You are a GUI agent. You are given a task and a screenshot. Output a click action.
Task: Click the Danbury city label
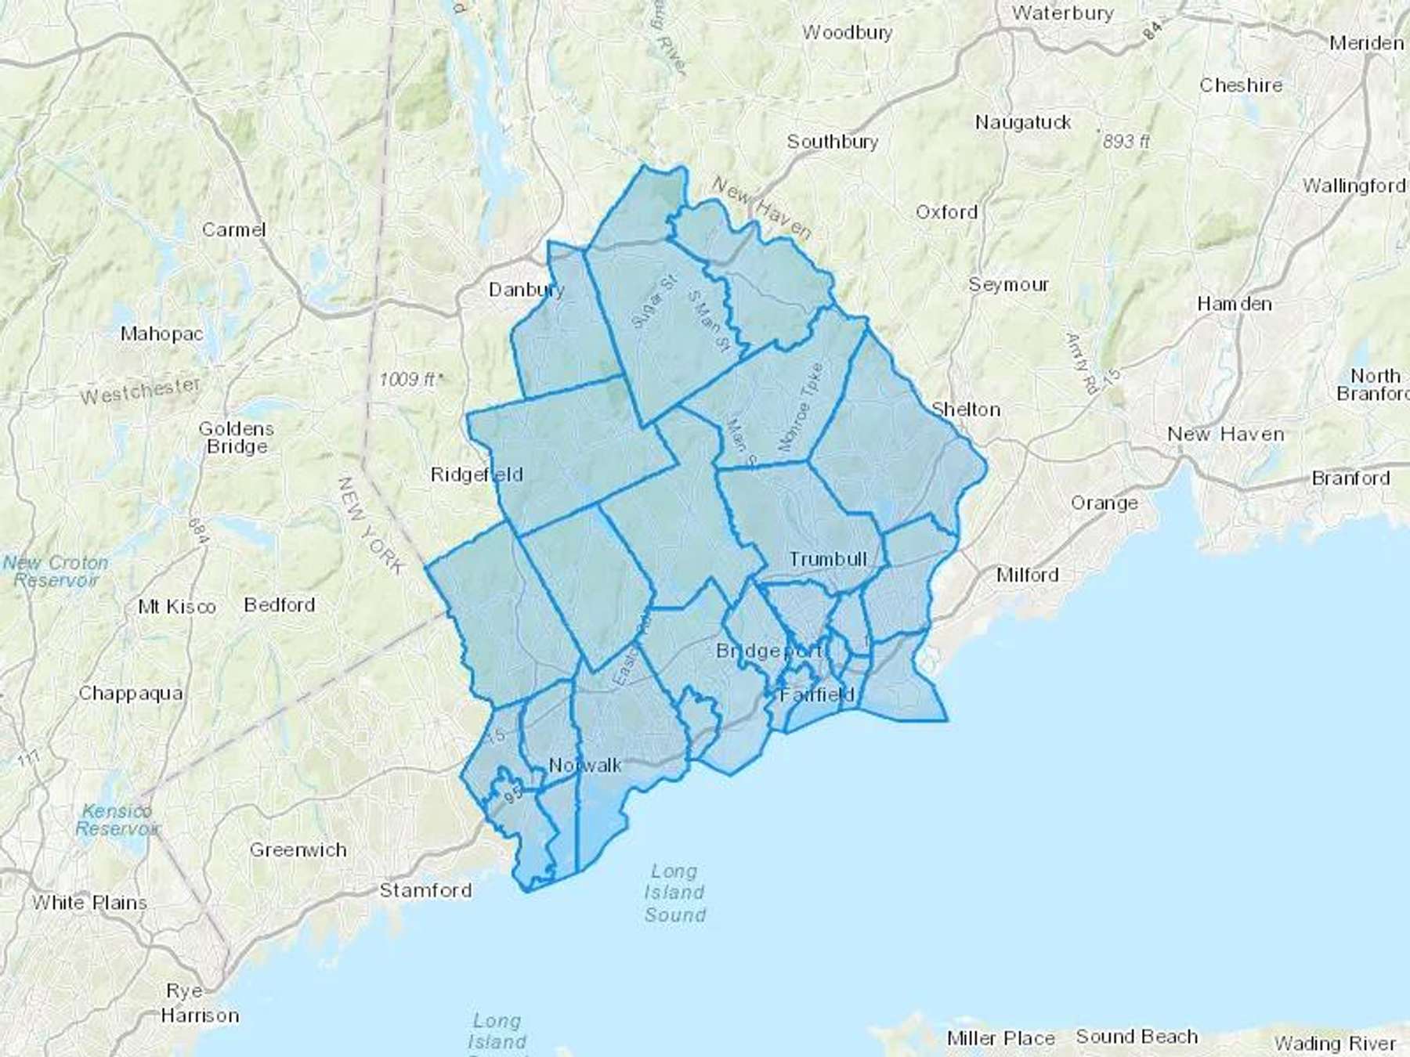526,290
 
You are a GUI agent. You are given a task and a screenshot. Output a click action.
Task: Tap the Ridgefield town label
476,474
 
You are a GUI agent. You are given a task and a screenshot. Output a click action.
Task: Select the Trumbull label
828,559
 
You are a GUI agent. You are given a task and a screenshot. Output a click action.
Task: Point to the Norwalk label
585,765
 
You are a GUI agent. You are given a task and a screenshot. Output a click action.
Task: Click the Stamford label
425,890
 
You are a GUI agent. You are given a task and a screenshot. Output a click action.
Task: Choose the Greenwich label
298,850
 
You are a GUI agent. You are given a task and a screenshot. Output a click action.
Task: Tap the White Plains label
89,903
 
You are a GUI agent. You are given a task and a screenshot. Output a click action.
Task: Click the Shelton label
965,409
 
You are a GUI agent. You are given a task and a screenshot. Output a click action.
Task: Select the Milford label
1027,575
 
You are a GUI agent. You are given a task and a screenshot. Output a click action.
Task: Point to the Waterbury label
1062,13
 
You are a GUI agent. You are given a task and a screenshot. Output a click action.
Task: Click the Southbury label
832,142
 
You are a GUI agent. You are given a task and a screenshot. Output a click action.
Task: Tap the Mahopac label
161,334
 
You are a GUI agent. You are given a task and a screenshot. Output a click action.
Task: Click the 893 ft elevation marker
1126,142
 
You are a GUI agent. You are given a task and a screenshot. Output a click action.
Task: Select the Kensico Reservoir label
117,820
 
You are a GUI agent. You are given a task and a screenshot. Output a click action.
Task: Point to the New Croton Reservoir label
56,572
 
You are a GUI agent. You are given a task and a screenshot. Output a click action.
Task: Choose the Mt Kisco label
176,607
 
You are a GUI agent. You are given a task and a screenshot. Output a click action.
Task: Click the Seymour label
1008,284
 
